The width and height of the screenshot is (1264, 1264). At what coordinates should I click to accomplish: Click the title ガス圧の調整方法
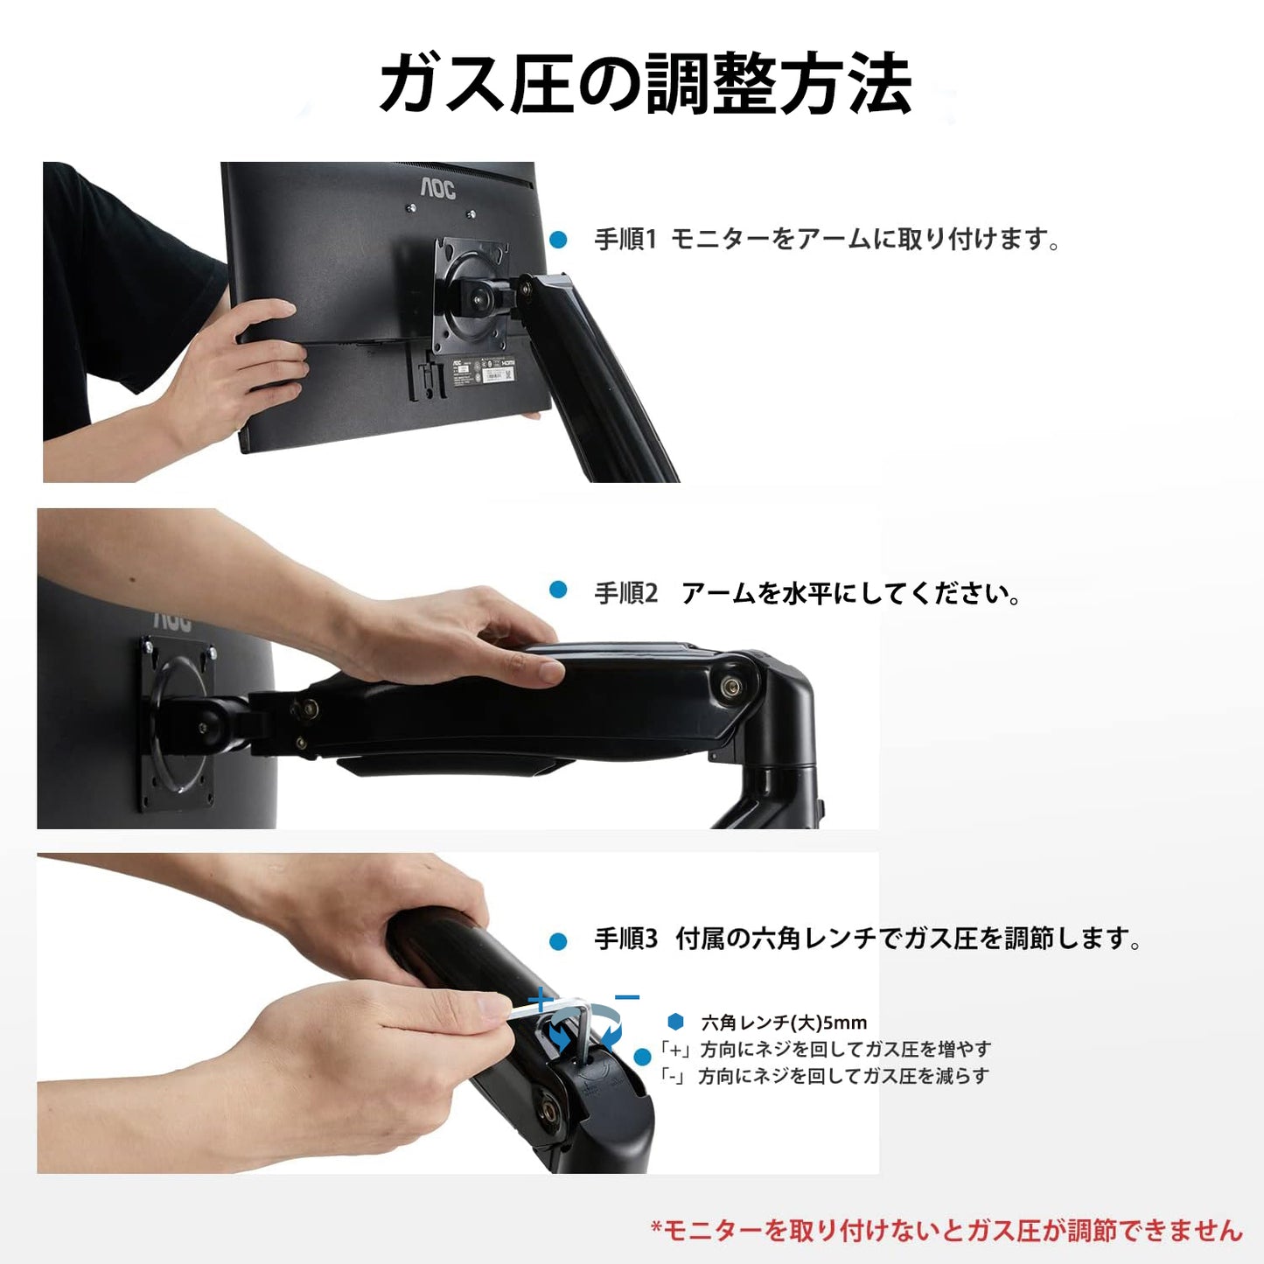pos(646,85)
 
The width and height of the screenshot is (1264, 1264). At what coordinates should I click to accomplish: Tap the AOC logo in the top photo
pos(437,190)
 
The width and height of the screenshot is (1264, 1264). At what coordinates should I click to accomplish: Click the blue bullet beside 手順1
pos(558,240)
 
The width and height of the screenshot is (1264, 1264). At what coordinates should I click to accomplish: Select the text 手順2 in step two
pos(625,594)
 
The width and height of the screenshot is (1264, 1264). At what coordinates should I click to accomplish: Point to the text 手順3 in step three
pos(625,939)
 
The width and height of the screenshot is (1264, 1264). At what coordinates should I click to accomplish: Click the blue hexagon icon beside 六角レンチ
pos(675,1022)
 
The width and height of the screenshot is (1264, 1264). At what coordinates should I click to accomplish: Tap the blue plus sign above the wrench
pos(540,1001)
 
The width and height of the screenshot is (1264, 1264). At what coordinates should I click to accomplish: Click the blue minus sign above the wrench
pos(627,998)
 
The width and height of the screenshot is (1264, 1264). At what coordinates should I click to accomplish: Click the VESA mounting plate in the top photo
pos(471,295)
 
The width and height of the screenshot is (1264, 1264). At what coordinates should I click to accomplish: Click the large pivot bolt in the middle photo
pos(729,685)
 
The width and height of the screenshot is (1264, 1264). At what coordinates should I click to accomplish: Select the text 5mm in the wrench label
pos(845,1023)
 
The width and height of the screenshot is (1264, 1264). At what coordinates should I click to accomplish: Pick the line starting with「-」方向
pos(825,1076)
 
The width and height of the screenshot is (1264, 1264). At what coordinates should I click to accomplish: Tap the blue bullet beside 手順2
pos(558,590)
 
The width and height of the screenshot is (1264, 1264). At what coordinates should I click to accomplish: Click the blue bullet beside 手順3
pos(558,942)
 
